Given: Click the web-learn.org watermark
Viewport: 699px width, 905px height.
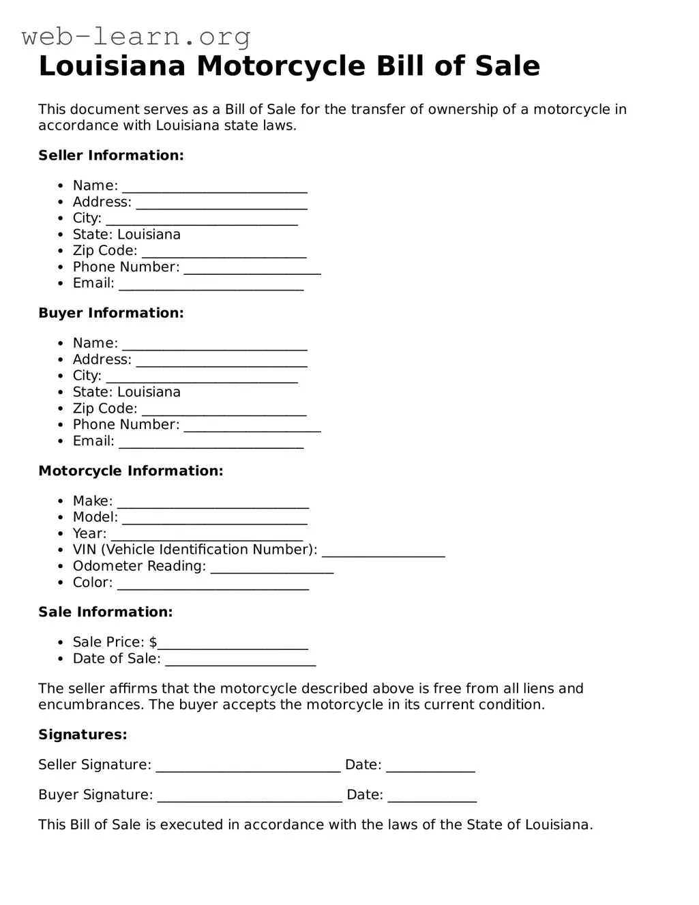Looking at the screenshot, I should coord(136,36).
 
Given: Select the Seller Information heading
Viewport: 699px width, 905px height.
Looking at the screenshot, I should coord(111,155).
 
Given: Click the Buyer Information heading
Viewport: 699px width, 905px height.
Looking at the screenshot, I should coord(111,313).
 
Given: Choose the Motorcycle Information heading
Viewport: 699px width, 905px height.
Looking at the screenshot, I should coord(131,471).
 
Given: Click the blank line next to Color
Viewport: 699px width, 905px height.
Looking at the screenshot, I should coord(213,584).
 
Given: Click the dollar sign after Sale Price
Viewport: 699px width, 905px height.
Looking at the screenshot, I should coord(153,642).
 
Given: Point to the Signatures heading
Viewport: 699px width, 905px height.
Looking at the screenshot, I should coord(83,735).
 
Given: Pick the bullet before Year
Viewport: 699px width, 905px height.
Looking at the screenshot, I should coord(61,534).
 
